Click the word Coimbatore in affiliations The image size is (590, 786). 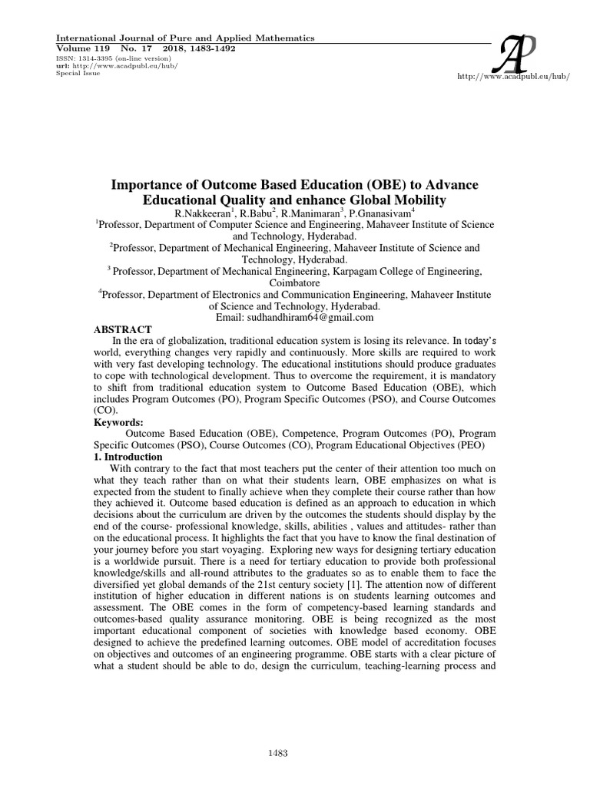[x=295, y=282]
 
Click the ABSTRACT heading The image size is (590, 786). [x=124, y=329]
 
